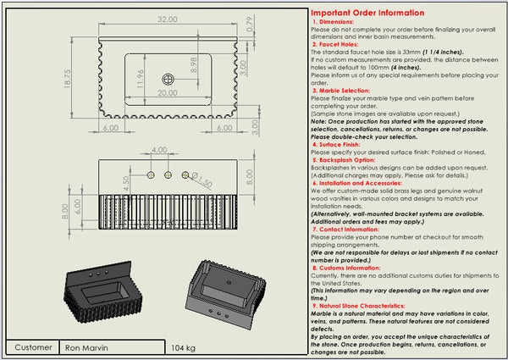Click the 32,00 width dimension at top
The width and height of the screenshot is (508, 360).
pos(167,19)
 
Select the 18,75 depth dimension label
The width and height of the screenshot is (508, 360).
pos(67,78)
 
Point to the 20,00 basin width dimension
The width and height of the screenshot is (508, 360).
pos(168,93)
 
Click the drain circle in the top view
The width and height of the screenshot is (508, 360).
pos(167,77)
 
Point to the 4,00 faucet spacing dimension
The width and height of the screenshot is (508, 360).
pos(158,151)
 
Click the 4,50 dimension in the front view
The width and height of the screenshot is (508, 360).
pos(127,181)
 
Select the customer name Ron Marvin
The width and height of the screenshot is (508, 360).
pos(88,347)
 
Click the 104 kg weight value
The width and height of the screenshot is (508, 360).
pos(184,347)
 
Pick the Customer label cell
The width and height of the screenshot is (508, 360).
pos(33,347)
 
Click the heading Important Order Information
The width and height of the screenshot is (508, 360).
pos(368,13)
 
